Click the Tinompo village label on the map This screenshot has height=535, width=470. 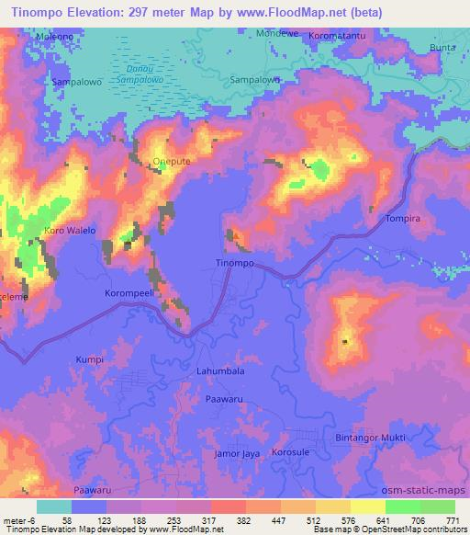(234, 263)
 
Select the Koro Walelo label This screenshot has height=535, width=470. (70, 230)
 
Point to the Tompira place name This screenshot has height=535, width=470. (402, 220)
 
